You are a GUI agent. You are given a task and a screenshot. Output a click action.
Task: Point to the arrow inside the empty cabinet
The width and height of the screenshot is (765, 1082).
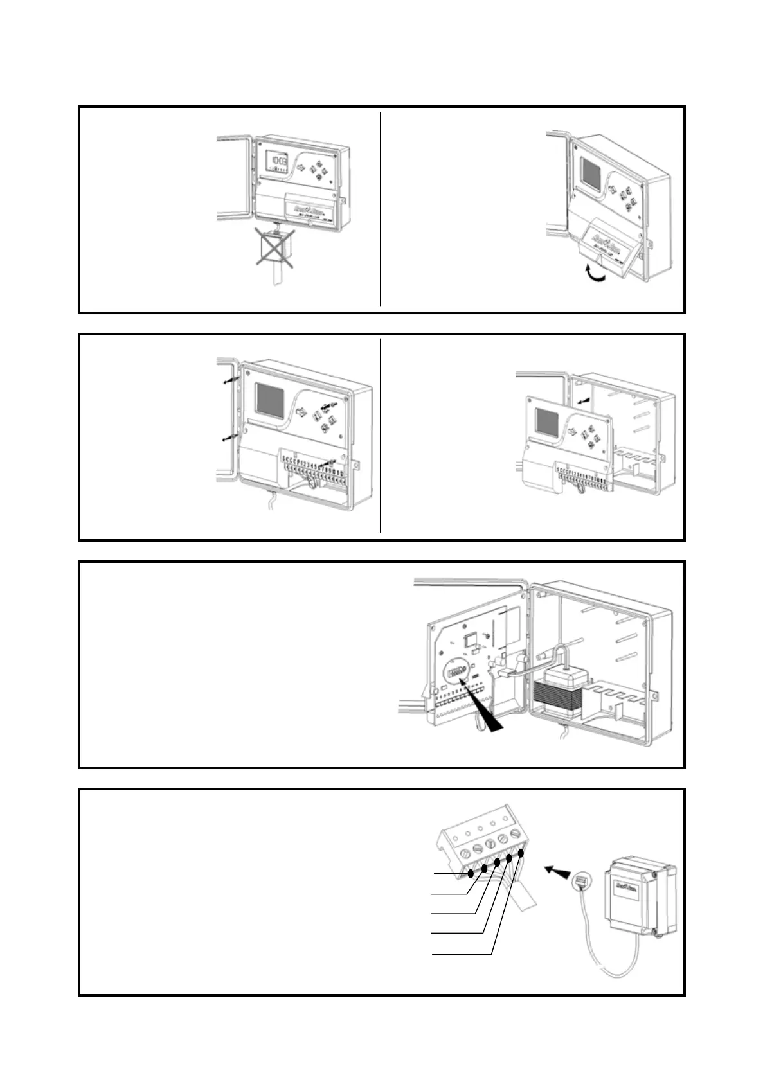pyautogui.click(x=583, y=400)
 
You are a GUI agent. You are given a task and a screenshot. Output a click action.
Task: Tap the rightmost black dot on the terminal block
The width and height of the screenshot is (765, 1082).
pyautogui.click(x=521, y=853)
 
